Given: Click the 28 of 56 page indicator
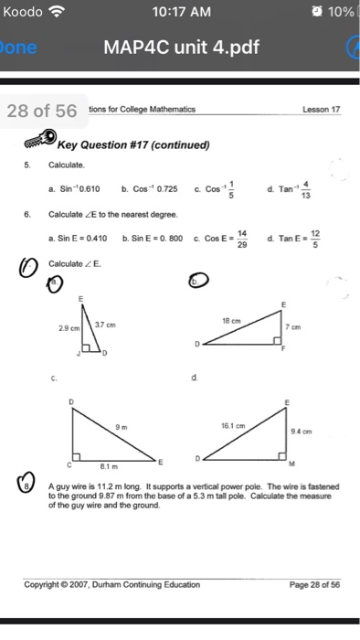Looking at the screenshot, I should coord(42,112).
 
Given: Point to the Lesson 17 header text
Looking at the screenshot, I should coord(321,110).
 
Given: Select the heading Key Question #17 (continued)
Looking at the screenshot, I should coord(133,144).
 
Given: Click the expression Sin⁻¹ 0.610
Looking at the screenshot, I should coord(76,190).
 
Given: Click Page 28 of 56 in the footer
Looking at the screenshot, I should coord(312,584).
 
